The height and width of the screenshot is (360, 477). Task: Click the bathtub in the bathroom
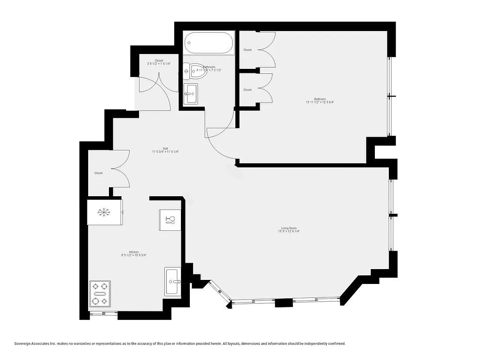[x=209, y=43]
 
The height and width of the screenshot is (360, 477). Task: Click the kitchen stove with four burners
[x=100, y=293]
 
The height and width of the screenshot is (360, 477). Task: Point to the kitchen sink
[x=172, y=281]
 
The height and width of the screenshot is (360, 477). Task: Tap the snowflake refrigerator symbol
[x=104, y=211]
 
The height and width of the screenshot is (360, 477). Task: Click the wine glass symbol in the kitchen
[x=170, y=220]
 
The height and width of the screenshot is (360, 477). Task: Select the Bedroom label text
[x=319, y=99]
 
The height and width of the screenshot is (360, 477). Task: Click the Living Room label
[x=289, y=228]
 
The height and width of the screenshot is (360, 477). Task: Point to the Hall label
[x=166, y=148]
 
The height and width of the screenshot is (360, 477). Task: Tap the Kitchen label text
[x=134, y=252]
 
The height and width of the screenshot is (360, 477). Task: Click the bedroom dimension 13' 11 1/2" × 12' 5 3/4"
[x=319, y=103]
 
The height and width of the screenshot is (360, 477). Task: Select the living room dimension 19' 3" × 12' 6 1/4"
[x=289, y=232]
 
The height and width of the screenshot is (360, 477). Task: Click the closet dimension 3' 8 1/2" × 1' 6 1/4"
[x=159, y=64]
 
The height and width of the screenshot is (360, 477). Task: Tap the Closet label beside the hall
[x=99, y=173]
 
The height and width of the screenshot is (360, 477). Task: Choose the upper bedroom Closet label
[x=247, y=50]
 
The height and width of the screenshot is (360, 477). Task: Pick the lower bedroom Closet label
[x=247, y=90]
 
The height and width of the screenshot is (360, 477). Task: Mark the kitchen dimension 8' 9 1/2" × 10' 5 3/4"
[x=134, y=256]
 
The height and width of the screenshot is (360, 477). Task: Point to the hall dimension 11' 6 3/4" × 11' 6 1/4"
[x=166, y=152]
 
